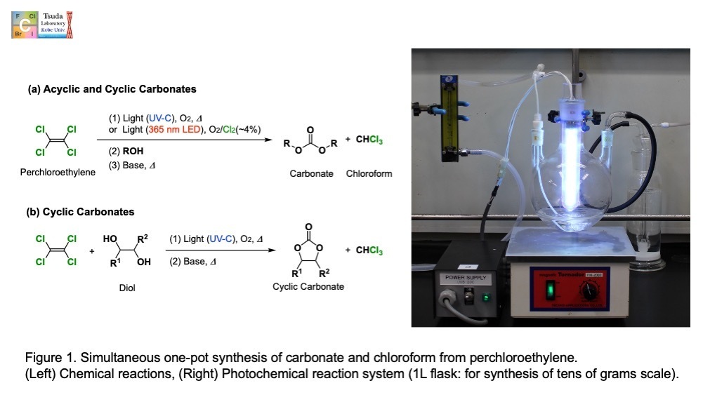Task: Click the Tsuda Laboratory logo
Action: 42,24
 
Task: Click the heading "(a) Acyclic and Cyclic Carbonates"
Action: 112,89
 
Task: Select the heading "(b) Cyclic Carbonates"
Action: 81,211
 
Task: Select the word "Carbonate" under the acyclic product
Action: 311,173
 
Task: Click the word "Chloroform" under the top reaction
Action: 369,173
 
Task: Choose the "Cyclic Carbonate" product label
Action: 309,286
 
